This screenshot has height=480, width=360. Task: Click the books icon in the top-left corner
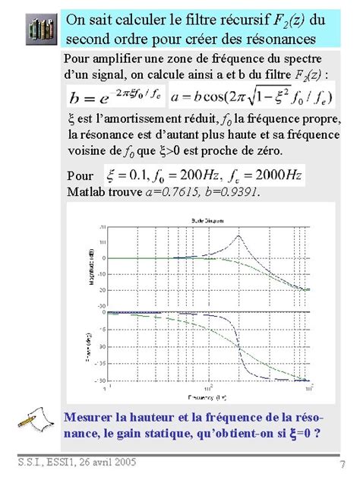pyautogui.click(x=36, y=29)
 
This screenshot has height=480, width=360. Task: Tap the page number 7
pyautogui.click(x=343, y=464)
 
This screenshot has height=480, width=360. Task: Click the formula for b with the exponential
pyautogui.click(x=115, y=96)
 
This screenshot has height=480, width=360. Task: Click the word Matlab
pyautogui.click(x=85, y=192)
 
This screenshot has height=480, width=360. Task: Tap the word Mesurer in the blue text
pyautogui.click(x=92, y=416)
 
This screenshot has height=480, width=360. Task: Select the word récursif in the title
pyautogui.click(x=233, y=18)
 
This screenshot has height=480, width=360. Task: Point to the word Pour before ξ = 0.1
pyautogui.click(x=81, y=175)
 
